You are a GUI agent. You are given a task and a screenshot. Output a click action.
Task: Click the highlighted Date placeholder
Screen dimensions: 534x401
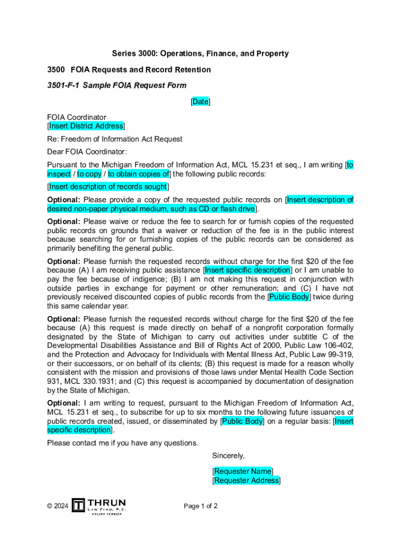click(x=200, y=102)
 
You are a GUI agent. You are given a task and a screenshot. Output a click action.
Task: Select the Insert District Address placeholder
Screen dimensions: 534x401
click(x=86, y=126)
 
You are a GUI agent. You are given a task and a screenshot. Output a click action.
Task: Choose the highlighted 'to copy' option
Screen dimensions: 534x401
click(x=89, y=174)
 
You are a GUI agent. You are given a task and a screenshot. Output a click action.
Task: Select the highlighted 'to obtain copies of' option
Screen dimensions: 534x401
click(x=139, y=174)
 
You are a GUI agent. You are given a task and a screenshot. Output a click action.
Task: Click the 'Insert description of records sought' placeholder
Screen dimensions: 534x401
click(x=108, y=187)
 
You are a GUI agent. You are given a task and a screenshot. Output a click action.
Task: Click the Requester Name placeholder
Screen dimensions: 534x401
click(x=243, y=471)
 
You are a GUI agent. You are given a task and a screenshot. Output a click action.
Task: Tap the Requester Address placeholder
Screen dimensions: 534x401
click(x=246, y=481)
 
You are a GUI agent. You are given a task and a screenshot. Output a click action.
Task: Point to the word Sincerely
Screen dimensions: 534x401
click(x=228, y=456)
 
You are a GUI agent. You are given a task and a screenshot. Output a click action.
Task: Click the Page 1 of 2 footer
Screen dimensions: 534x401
click(x=200, y=506)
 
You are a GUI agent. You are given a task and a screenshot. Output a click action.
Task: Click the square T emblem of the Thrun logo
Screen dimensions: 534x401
click(x=78, y=505)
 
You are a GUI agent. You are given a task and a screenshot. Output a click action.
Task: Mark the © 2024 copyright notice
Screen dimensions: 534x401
click(x=57, y=506)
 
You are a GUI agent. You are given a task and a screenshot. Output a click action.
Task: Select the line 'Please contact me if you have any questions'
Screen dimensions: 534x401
click(x=122, y=443)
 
